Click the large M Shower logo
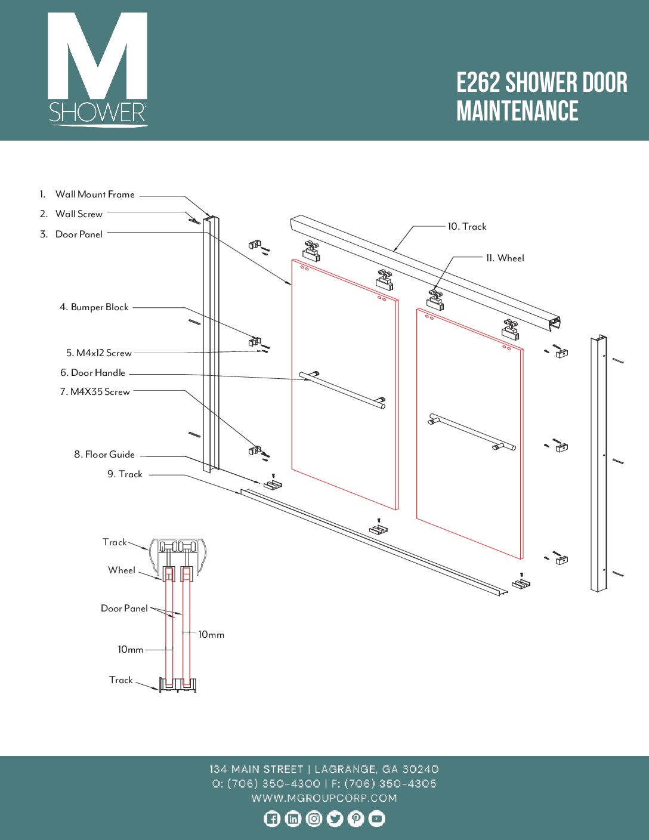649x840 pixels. [x=98, y=69]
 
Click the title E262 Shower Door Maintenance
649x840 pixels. [x=542, y=97]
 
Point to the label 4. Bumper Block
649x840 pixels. [x=94, y=307]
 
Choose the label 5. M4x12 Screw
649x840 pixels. [x=99, y=353]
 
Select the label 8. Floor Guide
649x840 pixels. [x=104, y=455]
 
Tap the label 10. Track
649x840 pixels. [x=467, y=227]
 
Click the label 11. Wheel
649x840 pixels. [x=505, y=258]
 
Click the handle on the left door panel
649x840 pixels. [x=342, y=390]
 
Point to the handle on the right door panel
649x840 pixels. [x=471, y=431]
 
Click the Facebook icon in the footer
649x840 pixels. [x=272, y=819]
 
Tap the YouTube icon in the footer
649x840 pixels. [x=376, y=819]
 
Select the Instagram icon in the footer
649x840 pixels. [x=314, y=819]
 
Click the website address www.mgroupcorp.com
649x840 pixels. [x=324, y=798]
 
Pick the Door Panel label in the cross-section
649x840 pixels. [x=124, y=609]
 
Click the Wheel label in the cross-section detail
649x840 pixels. [x=122, y=570]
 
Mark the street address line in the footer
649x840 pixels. [x=324, y=770]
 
